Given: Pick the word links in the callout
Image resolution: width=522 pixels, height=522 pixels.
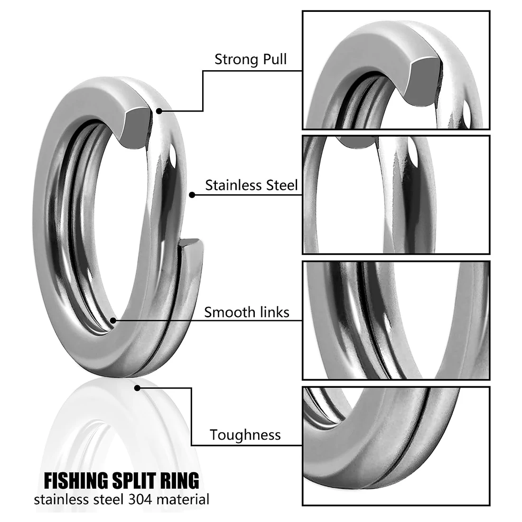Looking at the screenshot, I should pyautogui.click(x=273, y=312).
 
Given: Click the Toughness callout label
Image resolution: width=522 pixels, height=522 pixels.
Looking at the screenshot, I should pyautogui.click(x=245, y=435).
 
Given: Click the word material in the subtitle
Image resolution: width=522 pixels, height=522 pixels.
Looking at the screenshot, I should pyautogui.click(x=182, y=500).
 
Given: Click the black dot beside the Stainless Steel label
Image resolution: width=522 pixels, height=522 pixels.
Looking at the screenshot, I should pyautogui.click(x=192, y=195).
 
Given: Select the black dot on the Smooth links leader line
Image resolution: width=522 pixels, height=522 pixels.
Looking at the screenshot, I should pyautogui.click(x=113, y=321).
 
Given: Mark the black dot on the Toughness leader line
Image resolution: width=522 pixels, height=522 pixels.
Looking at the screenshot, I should pyautogui.click(x=137, y=388).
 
